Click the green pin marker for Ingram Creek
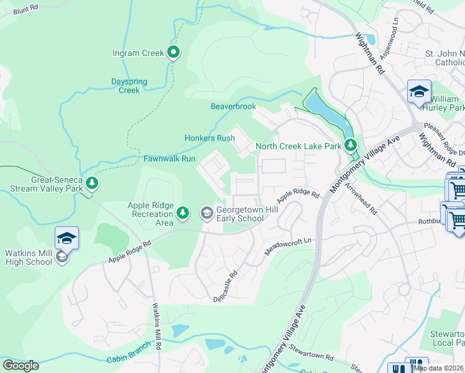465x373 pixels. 174,53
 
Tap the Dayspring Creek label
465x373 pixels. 129,86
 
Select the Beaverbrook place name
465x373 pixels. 233,106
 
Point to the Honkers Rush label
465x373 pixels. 209,138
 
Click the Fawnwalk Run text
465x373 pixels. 170,159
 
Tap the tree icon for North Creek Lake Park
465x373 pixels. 351,145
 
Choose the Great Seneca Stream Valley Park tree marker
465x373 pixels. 92,182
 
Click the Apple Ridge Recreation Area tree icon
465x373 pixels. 183,213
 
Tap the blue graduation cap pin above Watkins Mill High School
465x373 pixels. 67,238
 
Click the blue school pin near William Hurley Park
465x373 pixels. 419,91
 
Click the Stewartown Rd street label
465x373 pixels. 310,354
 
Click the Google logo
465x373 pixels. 21,365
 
